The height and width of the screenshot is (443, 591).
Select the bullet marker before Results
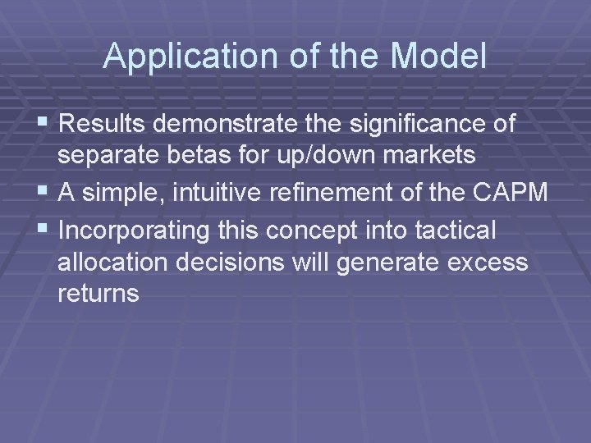click(x=44, y=124)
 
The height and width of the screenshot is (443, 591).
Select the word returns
click(x=98, y=293)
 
